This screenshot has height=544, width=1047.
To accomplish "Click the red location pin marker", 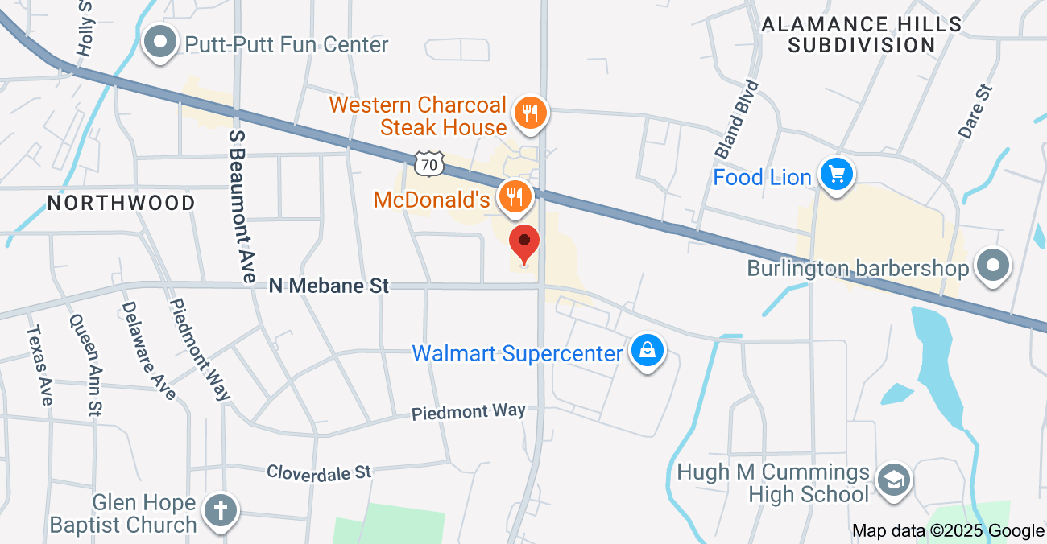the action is pyautogui.click(x=524, y=245).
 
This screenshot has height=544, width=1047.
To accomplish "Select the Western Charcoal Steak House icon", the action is pyautogui.click(x=529, y=113).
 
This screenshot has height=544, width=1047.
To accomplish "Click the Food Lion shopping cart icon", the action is pyautogui.click(x=837, y=174).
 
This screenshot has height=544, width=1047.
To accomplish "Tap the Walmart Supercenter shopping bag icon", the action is pyautogui.click(x=647, y=351).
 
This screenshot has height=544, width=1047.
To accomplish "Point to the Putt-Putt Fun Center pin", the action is pyautogui.click(x=160, y=42).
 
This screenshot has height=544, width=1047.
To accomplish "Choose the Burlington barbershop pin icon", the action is pyautogui.click(x=992, y=266).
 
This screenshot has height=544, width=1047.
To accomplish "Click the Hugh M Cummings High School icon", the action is pyautogui.click(x=893, y=480).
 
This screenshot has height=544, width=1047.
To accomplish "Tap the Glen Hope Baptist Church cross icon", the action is pyautogui.click(x=221, y=510).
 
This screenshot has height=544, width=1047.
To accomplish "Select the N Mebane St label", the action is pyautogui.click(x=329, y=286).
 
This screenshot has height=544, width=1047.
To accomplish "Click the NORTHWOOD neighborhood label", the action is pyautogui.click(x=122, y=203).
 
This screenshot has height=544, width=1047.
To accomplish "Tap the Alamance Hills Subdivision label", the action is pyautogui.click(x=861, y=35).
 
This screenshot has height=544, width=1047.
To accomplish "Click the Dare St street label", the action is pyautogui.click(x=975, y=112).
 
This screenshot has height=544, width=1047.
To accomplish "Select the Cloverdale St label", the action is pyautogui.click(x=319, y=472).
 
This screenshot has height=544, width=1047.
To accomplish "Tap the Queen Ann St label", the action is pyautogui.click(x=85, y=365).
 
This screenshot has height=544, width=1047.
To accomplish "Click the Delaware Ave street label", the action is pyautogui.click(x=148, y=350).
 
